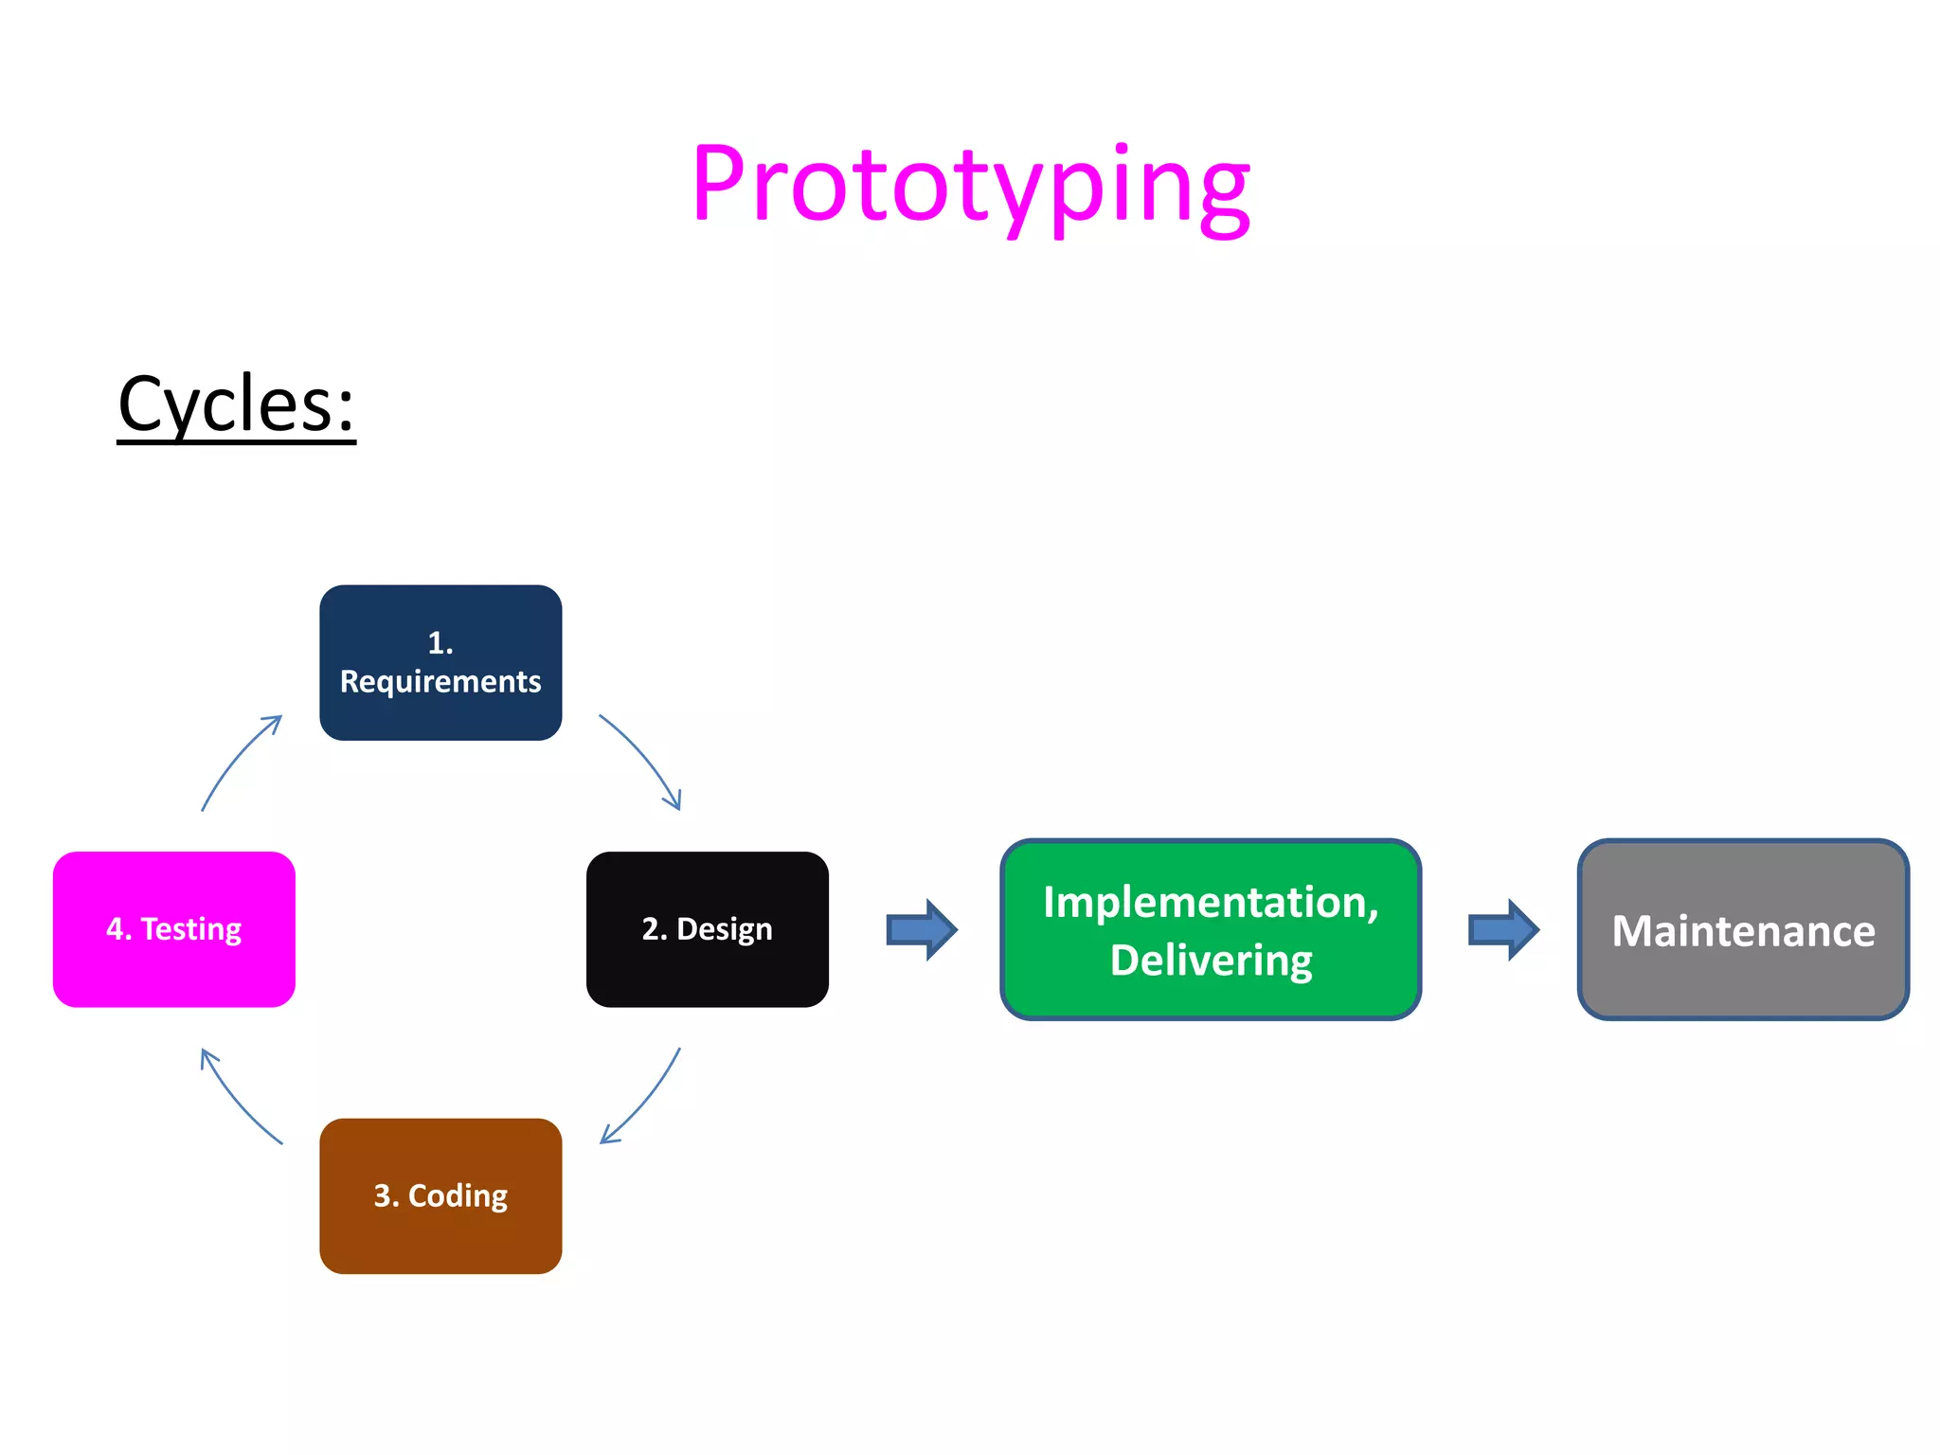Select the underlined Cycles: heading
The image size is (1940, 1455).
[x=236, y=404]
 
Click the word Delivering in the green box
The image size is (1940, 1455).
[x=1211, y=961]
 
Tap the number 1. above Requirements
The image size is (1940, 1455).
[x=440, y=643]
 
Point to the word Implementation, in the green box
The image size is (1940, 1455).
[x=1211, y=902]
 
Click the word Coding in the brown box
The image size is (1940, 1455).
[x=458, y=1195]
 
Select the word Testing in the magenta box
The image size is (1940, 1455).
[x=191, y=929]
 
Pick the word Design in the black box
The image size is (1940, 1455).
[x=725, y=929]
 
